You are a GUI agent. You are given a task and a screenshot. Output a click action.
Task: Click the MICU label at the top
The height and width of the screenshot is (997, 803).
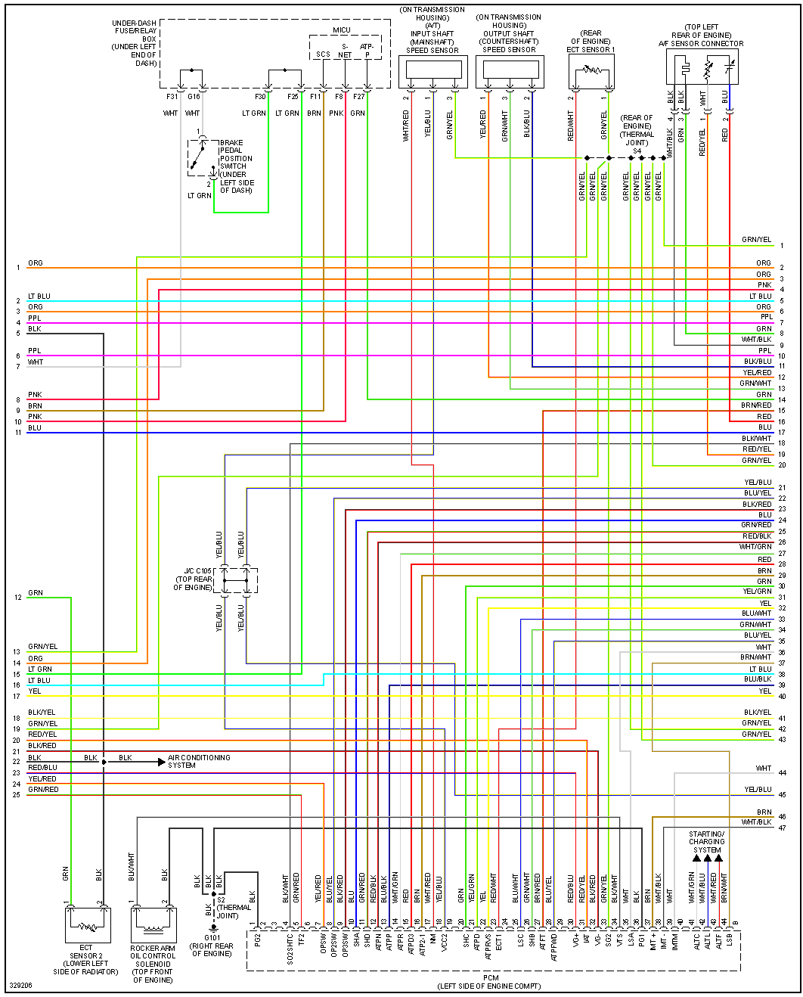pyautogui.click(x=342, y=30)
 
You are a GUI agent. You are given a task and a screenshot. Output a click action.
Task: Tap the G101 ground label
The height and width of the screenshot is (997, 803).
pyautogui.click(x=212, y=938)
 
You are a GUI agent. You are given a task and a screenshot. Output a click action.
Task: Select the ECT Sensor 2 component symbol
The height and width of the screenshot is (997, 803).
pyautogui.click(x=88, y=924)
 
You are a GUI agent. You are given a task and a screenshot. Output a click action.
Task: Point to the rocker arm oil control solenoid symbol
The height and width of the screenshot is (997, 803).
pyautogui.click(x=153, y=924)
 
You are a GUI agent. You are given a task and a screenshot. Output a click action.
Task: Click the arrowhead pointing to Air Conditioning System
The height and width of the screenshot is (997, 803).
pyautogui.click(x=161, y=762)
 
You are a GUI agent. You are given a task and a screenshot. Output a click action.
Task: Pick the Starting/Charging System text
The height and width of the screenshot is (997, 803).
pyautogui.click(x=707, y=842)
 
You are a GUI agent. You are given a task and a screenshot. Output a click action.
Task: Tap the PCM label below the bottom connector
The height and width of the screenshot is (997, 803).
pyautogui.click(x=491, y=978)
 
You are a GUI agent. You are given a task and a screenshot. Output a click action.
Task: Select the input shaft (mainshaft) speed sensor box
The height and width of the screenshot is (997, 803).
pyautogui.click(x=433, y=71)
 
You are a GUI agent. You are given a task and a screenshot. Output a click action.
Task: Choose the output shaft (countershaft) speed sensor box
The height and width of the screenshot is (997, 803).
pyautogui.click(x=510, y=71)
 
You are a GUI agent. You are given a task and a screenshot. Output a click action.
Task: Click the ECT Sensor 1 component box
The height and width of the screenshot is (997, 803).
pyautogui.click(x=591, y=72)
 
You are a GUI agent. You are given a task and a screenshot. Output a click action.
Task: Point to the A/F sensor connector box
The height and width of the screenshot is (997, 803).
pyautogui.click(x=702, y=68)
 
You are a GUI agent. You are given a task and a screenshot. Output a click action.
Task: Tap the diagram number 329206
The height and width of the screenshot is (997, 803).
pyautogui.click(x=20, y=986)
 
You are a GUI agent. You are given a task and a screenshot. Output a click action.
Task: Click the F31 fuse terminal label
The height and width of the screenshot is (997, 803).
pyautogui.click(x=172, y=97)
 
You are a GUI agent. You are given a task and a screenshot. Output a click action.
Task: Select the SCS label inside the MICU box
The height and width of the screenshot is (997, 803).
pyautogui.click(x=323, y=54)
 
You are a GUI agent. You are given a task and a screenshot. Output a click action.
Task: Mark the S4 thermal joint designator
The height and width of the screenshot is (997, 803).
pyautogui.click(x=637, y=151)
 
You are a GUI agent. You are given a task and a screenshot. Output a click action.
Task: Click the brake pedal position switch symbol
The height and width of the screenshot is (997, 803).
pyautogui.click(x=200, y=158)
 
